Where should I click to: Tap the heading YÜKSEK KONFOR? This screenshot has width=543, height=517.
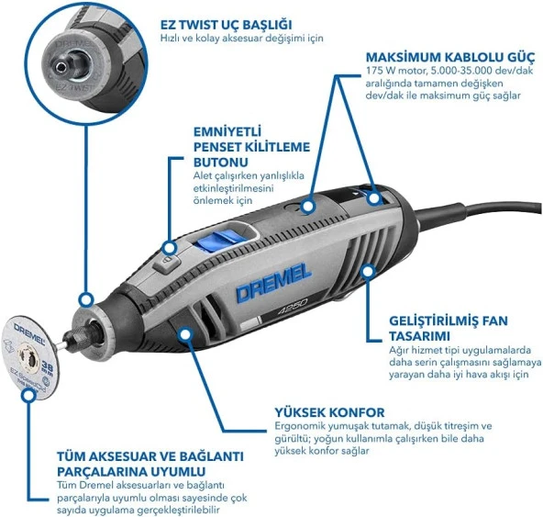328,411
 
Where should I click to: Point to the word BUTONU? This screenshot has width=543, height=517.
223,162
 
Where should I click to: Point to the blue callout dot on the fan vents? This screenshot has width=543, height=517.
368,269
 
